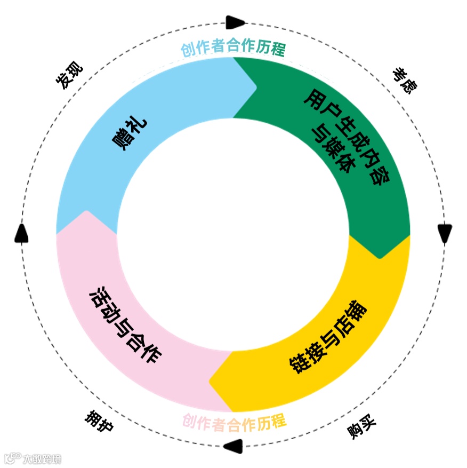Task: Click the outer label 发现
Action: tap(69, 75)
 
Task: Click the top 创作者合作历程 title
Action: tap(233, 50)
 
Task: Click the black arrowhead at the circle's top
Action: tap(235, 22)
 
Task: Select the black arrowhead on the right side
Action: tap(445, 234)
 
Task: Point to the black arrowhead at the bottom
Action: tap(233, 446)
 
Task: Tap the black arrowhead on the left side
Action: tap(21, 233)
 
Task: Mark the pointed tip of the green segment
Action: tap(380, 257)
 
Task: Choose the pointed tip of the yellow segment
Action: tap(211, 381)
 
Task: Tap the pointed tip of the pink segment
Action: tap(85, 212)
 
